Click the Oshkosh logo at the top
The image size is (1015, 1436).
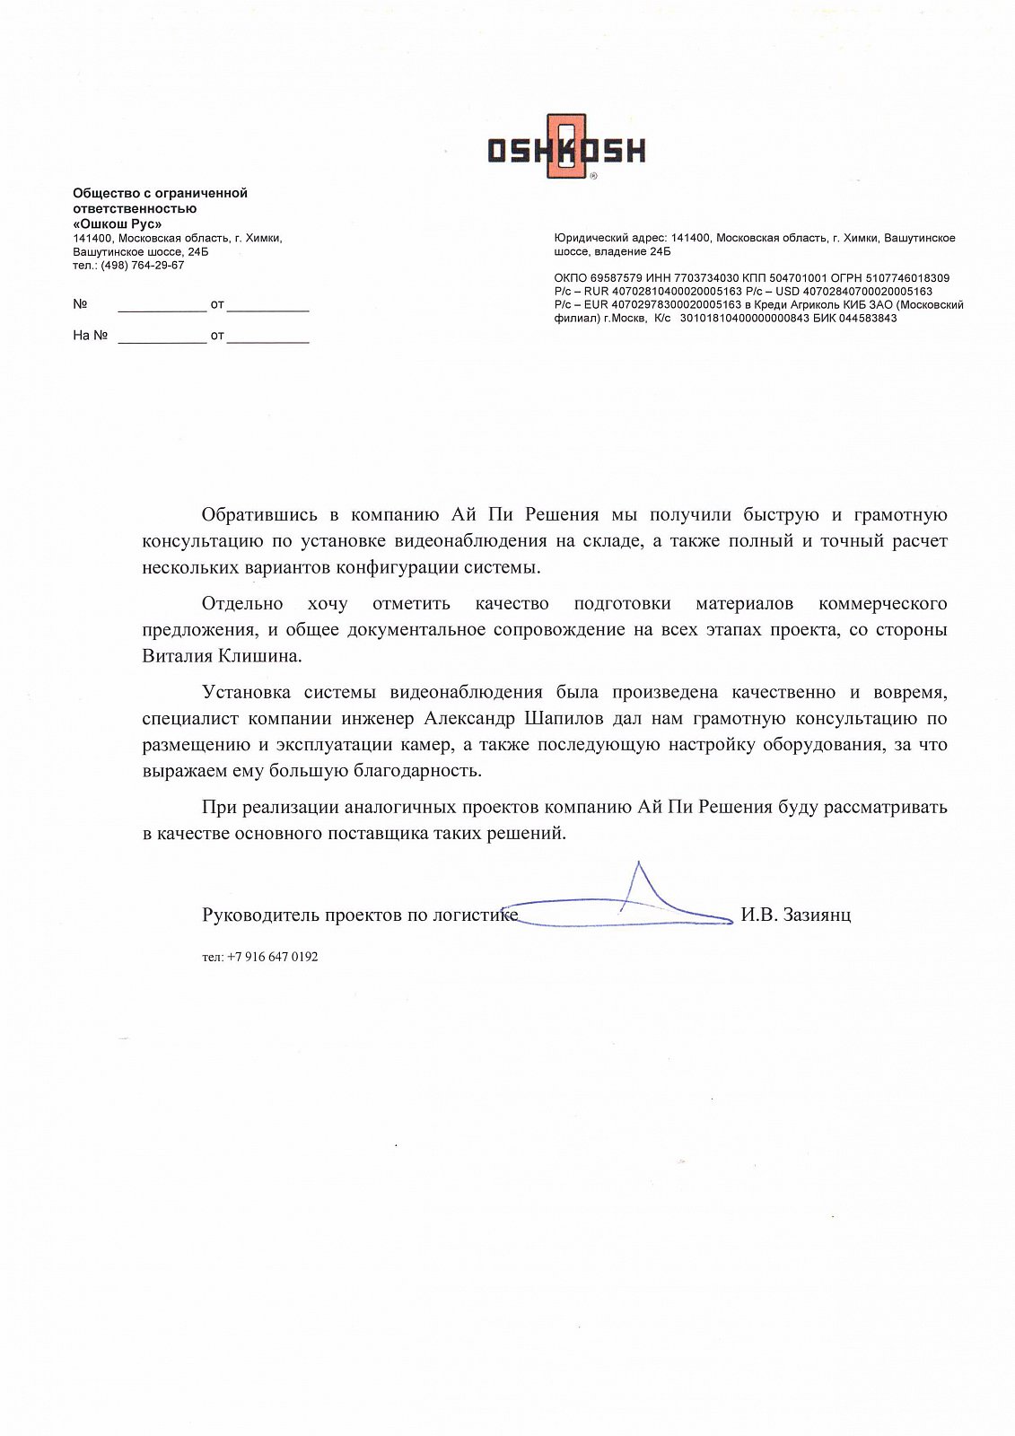pyautogui.click(x=566, y=148)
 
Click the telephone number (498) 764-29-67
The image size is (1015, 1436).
pyautogui.click(x=143, y=266)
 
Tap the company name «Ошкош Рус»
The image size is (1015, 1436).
pyautogui.click(x=118, y=223)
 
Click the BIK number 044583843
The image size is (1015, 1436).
pyautogui.click(x=867, y=319)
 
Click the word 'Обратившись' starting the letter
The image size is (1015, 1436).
pyautogui.click(x=259, y=515)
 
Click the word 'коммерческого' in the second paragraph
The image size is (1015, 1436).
pyautogui.click(x=883, y=604)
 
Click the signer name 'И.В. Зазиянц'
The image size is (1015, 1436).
pyautogui.click(x=796, y=915)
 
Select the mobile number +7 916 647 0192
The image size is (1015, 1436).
pyautogui.click(x=272, y=958)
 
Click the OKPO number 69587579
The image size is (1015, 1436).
pyautogui.click(x=617, y=278)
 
